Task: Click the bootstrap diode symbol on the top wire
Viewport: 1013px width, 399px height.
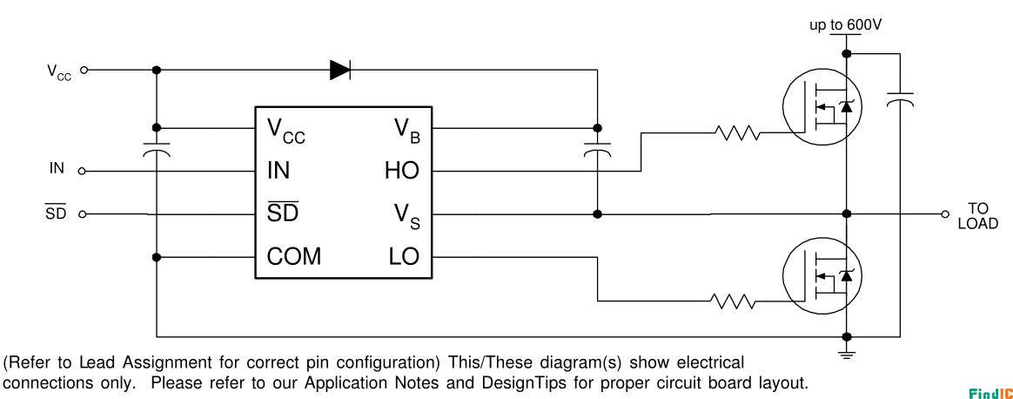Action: coord(339,70)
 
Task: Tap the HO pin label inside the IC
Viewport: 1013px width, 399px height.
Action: coord(402,171)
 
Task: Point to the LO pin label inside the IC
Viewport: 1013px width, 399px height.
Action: coord(404,257)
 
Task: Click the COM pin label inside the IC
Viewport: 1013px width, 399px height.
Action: coord(294,257)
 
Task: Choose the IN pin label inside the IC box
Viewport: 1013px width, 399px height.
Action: coord(278,171)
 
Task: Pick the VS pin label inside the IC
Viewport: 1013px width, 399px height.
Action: coord(407,216)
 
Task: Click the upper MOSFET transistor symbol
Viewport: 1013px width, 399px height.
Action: coord(822,108)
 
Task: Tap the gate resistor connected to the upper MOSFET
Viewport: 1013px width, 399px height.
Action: coord(737,133)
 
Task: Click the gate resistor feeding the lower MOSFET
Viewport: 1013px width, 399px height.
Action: coord(732,301)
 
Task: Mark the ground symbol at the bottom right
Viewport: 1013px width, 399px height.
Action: coord(847,353)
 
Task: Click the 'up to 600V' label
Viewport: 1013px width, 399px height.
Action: coord(846,25)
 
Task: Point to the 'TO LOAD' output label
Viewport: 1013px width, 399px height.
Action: coord(978,217)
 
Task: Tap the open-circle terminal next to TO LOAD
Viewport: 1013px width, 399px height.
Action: coord(945,214)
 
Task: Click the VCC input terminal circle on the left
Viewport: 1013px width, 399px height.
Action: coord(83,70)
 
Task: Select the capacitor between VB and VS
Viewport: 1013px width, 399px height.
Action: coord(597,148)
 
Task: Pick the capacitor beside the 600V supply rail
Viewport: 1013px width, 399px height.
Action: coord(899,99)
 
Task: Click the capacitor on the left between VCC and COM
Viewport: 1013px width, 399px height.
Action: coord(157,148)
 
